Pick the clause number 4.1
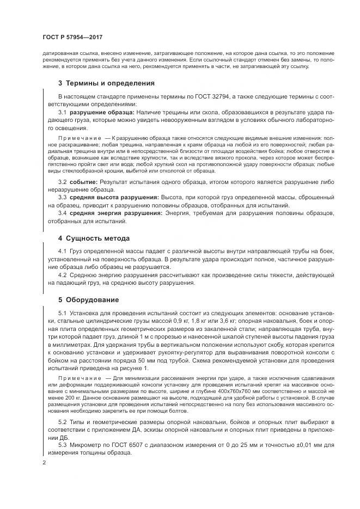62,252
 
